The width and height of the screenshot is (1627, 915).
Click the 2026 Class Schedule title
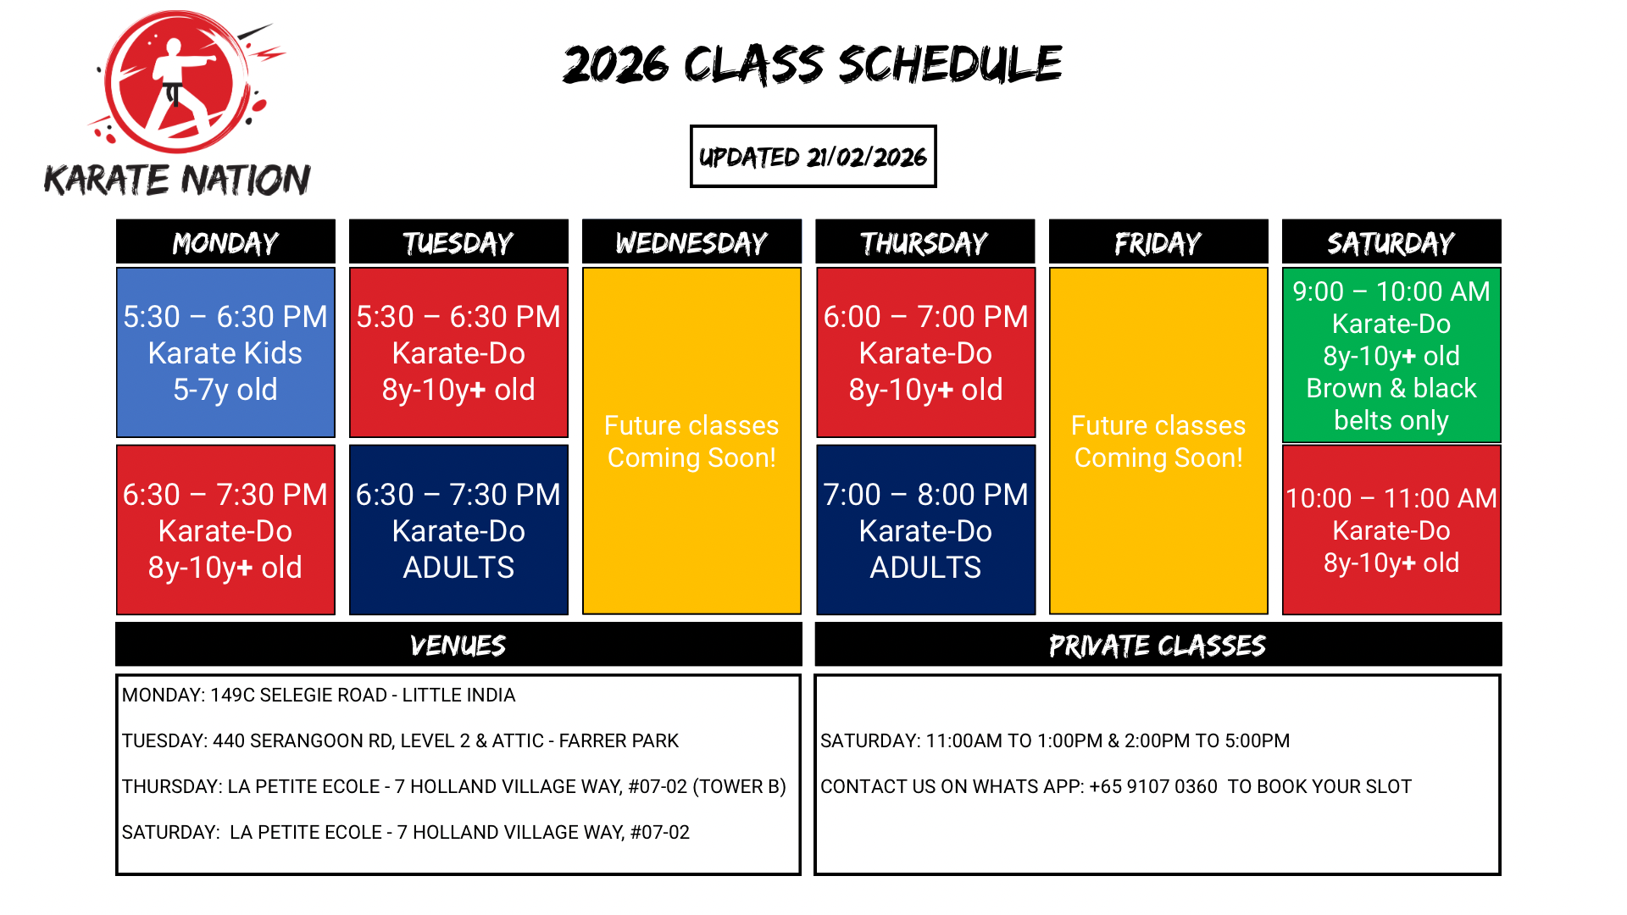point(813,64)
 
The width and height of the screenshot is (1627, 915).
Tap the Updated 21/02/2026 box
point(813,157)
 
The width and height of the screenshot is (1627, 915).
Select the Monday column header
point(225,242)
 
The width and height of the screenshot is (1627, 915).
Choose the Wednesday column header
point(691,242)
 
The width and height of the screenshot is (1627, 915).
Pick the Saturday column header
point(1391,242)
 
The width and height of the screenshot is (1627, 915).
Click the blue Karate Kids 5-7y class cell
point(225,352)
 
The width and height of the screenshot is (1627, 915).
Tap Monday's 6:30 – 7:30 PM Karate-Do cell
point(225,530)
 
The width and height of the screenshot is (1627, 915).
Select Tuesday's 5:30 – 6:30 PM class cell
point(458,352)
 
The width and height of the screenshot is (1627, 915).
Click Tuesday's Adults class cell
point(458,530)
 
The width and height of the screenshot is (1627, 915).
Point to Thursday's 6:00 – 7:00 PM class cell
point(925,352)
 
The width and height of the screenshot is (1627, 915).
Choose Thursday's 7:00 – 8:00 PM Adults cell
point(925,530)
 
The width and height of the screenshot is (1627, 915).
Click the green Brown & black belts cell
point(1391,355)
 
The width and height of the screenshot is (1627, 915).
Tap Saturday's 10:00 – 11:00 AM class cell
point(1391,530)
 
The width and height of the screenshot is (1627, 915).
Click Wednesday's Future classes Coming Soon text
point(691,441)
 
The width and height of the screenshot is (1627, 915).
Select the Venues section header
point(458,645)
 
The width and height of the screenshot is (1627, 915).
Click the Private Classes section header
point(1158,645)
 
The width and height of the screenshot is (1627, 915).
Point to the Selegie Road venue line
point(319,695)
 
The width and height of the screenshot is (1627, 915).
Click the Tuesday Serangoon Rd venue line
point(400,740)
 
